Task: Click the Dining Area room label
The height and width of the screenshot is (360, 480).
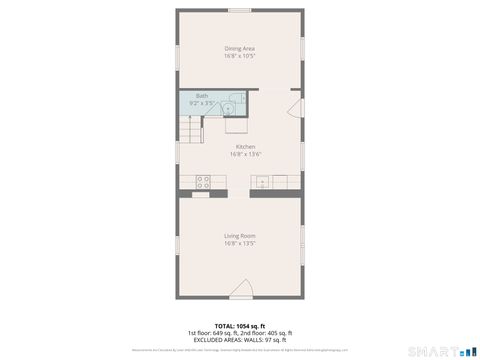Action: click(x=239, y=48)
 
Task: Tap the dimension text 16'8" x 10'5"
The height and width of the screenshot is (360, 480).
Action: click(x=239, y=56)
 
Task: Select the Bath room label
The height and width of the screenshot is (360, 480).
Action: click(x=201, y=95)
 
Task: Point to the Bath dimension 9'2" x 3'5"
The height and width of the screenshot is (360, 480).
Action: click(x=201, y=103)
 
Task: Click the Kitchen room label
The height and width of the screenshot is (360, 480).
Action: click(x=239, y=146)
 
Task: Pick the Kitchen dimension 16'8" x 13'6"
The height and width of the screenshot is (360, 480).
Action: click(x=239, y=154)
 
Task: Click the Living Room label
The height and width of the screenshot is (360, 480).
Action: click(x=239, y=236)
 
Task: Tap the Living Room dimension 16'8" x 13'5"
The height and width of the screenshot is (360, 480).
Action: click(x=239, y=244)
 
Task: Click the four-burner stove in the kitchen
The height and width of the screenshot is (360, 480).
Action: click(x=203, y=181)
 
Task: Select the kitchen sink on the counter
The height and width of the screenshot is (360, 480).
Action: click(x=262, y=181)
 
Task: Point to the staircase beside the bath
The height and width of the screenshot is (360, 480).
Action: click(x=189, y=129)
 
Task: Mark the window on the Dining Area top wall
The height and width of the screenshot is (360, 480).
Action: click(x=239, y=11)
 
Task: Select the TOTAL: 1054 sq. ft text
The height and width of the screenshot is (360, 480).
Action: click(x=239, y=325)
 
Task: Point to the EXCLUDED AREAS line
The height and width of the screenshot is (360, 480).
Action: click(x=239, y=339)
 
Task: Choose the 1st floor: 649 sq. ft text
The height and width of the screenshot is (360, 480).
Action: click(x=213, y=332)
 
